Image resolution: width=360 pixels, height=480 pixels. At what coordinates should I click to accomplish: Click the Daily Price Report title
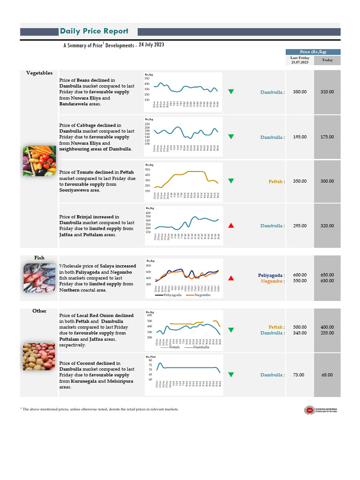pos(94,31)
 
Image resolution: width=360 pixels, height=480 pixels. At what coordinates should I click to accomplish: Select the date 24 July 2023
pos(151,45)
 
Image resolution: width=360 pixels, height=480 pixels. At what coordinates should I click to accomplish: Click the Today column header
pos(327,60)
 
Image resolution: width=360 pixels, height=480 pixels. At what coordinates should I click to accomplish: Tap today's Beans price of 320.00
pos(327,92)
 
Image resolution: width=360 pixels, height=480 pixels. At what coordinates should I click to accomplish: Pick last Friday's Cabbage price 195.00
pos(300,137)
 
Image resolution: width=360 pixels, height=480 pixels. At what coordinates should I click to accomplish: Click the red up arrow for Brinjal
pos(231,225)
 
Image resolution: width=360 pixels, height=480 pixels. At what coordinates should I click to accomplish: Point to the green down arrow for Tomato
pos(231,181)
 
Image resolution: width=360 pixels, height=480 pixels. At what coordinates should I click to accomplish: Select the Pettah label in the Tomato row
pos(276,181)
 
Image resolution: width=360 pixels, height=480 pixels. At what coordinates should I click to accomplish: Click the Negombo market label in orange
pos(272,281)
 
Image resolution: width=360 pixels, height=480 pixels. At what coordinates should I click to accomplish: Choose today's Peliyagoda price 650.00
pos(327,275)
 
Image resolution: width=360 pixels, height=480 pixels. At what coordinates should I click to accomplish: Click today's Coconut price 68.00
pos(327,375)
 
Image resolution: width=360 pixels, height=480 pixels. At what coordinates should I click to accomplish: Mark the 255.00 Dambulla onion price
pos(327,333)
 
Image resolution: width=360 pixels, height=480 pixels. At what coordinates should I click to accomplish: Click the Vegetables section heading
pos(39,73)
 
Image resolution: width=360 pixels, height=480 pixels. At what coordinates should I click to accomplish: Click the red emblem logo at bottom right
pos(309,410)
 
